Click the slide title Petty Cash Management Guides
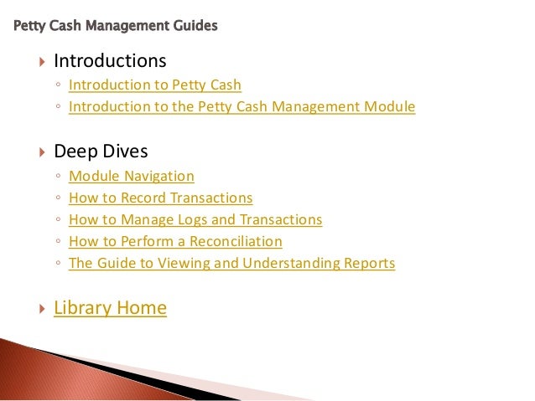116,26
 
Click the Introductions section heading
110,61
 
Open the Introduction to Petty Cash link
154,85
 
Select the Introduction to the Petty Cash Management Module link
242,106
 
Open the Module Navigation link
131,176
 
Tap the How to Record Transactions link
160,198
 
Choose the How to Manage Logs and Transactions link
195,219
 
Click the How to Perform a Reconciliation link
175,241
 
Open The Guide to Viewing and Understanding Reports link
231,263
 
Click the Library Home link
110,308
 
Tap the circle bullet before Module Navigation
57,177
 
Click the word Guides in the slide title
195,26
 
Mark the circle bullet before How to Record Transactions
57,198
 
